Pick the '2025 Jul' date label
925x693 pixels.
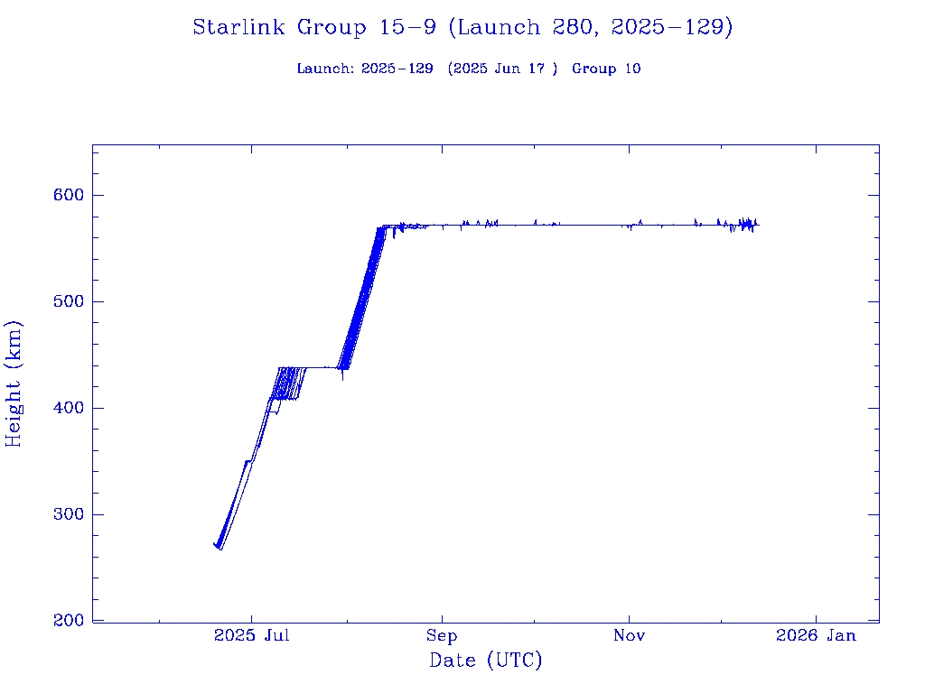point(251,636)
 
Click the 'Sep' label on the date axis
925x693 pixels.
point(442,636)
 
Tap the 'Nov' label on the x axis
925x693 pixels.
point(629,636)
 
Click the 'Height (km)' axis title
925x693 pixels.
point(14,383)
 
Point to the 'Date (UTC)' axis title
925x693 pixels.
point(486,661)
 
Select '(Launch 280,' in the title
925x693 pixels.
point(526,28)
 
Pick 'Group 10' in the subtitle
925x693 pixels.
point(606,69)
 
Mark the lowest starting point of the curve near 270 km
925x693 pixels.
point(220,549)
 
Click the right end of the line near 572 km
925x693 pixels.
point(758,225)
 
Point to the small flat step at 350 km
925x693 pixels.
point(248,461)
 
